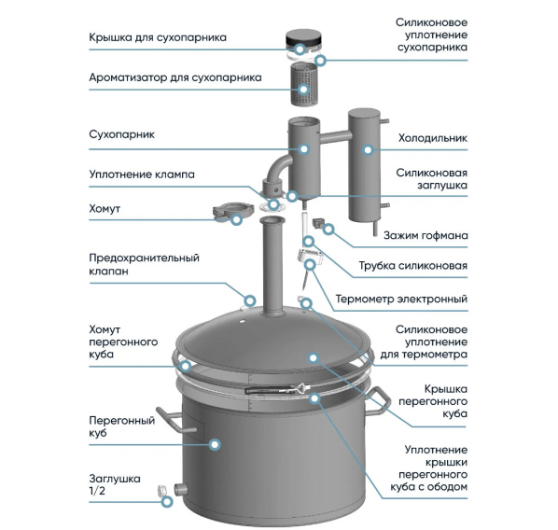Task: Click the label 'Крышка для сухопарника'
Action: coord(158,37)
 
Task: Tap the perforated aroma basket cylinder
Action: coord(303,84)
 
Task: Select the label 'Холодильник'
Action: coord(432,138)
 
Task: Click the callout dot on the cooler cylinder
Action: coord(368,150)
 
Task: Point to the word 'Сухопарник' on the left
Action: coord(121,135)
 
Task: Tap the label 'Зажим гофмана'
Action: coord(425,236)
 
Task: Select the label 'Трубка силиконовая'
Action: coord(412,266)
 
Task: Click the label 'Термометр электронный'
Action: coord(401,299)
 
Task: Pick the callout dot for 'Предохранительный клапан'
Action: coord(250,300)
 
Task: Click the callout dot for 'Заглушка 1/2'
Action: coord(167,502)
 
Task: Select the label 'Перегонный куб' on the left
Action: coord(121,426)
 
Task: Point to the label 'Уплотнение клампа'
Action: coord(142,174)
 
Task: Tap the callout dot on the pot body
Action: coord(215,444)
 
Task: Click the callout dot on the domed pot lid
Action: coord(314,357)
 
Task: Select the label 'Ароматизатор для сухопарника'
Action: coord(175,77)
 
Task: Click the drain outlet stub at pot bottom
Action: coord(181,489)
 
